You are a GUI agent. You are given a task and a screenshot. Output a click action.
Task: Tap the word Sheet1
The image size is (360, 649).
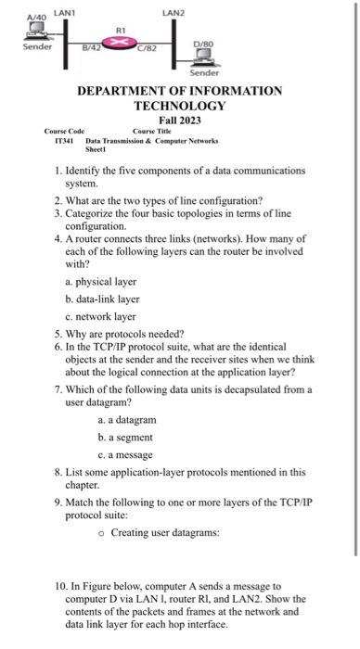(96, 149)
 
